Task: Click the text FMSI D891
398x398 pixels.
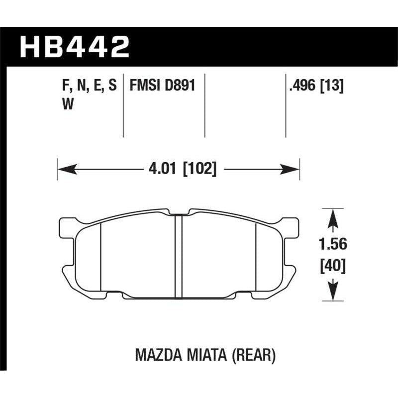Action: tap(161, 86)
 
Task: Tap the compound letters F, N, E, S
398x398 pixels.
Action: tap(87, 86)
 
